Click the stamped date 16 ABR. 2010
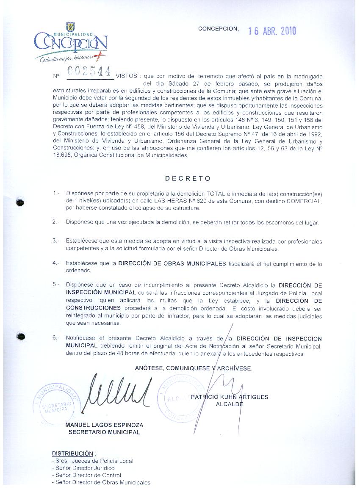point(272,31)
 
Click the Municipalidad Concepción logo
point(71,42)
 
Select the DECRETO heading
point(188,178)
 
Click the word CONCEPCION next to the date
point(218,29)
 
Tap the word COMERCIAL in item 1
point(302,201)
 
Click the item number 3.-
point(56,241)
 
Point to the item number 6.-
point(56,338)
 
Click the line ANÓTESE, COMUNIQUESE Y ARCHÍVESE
point(194,368)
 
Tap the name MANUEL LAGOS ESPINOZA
point(104,425)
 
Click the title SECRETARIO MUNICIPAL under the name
point(104,432)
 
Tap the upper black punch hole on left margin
point(19,202)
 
